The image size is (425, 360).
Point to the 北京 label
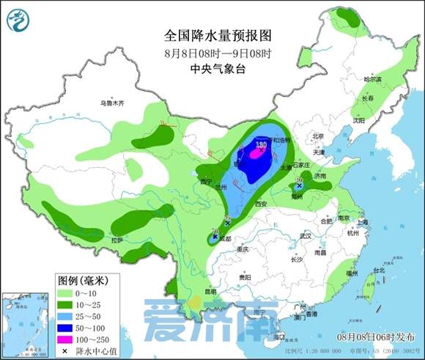coord(318,136)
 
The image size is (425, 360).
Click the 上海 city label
coord(361,221)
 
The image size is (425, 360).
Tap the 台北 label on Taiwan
coord(379,271)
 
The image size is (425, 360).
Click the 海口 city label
coord(278,337)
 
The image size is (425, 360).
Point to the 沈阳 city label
coord(358,120)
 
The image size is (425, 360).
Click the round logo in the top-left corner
coord(18,19)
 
